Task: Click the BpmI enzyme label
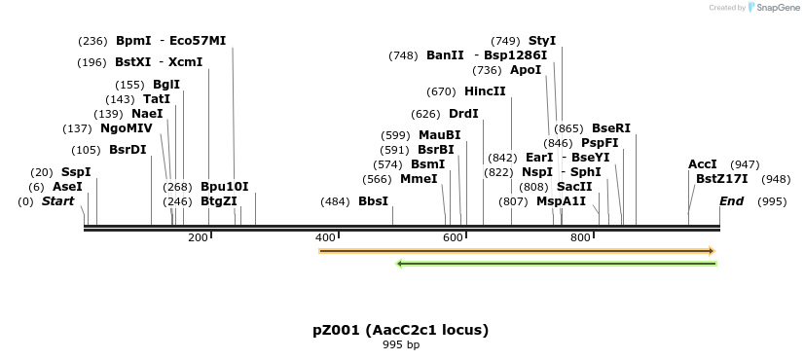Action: pos(133,41)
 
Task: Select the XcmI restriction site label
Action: pos(186,62)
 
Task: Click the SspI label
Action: pos(76,172)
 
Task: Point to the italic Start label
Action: pos(57,201)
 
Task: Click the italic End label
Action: pos(731,201)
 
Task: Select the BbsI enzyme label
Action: pos(374,201)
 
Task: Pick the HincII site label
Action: pos(485,91)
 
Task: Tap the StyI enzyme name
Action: pos(542,41)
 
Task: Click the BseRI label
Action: pos(611,128)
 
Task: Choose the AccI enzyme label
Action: pos(703,164)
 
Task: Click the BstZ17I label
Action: pos(722,179)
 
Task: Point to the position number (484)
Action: pos(335,201)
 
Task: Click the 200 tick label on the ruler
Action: pos(198,238)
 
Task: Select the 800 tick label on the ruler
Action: pos(581,238)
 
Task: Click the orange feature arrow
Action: pos(517,251)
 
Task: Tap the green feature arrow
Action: pos(556,263)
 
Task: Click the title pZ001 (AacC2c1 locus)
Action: pos(401,330)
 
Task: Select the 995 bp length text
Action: pos(401,344)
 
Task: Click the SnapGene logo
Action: pos(774,8)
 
